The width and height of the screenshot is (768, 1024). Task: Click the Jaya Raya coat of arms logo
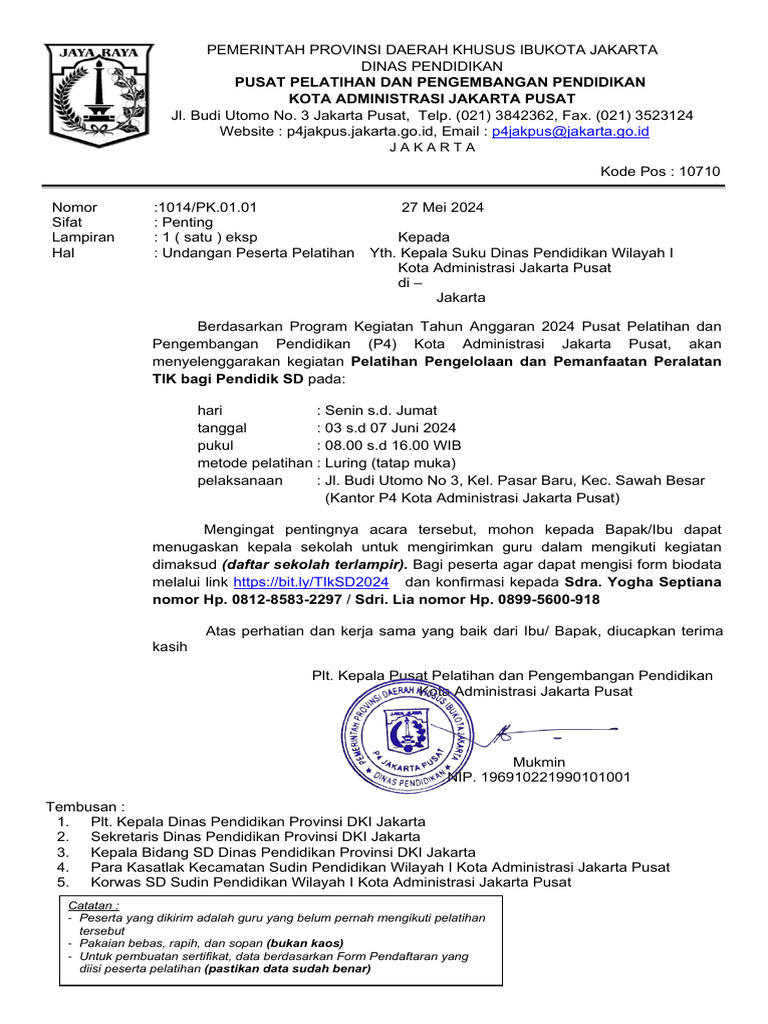(98, 96)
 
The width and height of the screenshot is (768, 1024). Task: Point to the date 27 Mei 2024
(443, 207)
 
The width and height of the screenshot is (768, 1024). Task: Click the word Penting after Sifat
(187, 222)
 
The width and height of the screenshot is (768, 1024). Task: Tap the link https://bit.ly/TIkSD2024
(310, 581)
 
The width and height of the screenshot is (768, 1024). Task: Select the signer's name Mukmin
(539, 762)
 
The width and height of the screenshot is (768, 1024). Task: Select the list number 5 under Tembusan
(63, 882)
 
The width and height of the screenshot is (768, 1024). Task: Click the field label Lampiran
(83, 238)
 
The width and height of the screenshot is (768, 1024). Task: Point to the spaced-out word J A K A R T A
(432, 147)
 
